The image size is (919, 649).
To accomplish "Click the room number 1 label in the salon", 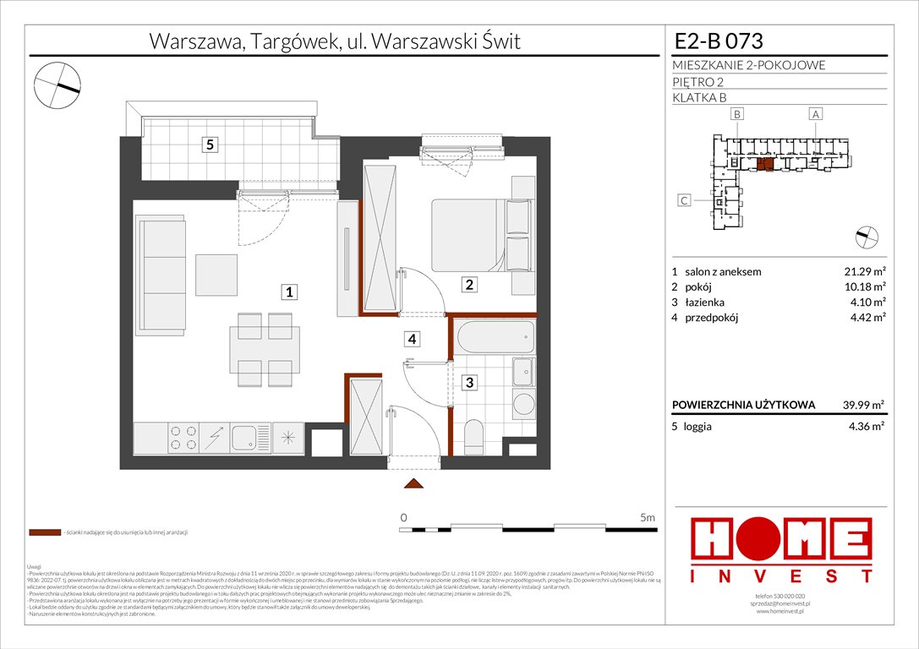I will point(288,292).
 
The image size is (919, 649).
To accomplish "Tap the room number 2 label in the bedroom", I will point(469,286).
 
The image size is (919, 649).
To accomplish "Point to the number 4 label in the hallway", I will point(412,340).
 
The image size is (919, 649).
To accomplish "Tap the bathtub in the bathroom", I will point(495,337).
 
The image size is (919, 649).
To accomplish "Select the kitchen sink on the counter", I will point(247,437).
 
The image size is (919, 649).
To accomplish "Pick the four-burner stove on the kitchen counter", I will point(180,437).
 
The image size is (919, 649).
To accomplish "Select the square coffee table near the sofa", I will point(218,275).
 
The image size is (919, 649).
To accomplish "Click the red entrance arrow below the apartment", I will point(413,483).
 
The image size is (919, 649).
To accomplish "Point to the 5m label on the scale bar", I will point(648,516).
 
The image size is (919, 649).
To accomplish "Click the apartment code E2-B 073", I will point(719,41).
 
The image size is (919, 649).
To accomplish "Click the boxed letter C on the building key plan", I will point(686,200).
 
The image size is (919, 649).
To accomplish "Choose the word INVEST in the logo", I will point(782,576).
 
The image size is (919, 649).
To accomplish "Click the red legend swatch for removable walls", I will point(44,533).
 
